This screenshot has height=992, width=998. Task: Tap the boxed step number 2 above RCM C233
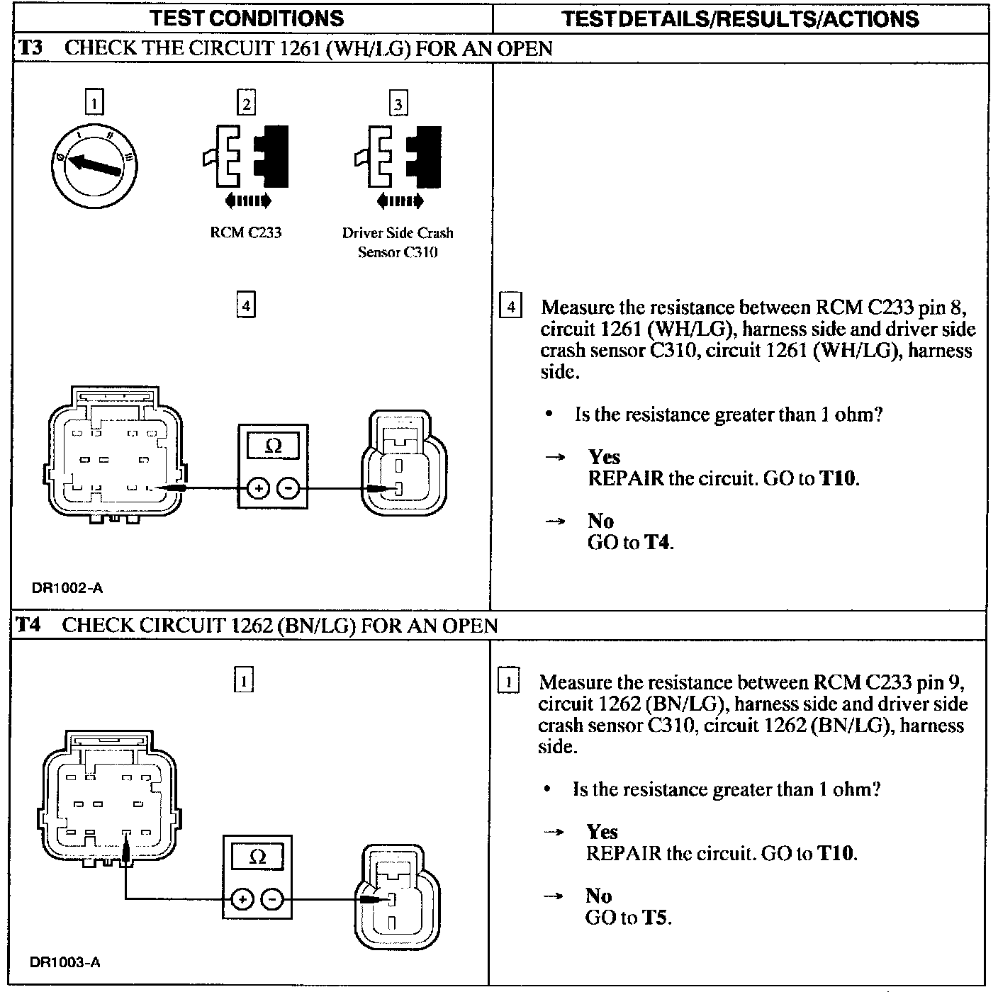click(246, 103)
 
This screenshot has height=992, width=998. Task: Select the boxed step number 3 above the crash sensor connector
click(398, 104)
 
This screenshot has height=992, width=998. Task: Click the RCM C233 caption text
click(246, 232)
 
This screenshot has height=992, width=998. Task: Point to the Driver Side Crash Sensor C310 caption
click(398, 242)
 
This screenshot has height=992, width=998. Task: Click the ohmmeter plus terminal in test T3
click(258, 488)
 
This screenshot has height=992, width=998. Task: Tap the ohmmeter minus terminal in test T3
click(288, 488)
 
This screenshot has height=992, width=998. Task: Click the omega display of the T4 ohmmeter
click(258, 857)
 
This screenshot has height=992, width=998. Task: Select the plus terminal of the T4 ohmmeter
click(242, 899)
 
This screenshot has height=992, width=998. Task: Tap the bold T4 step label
click(29, 625)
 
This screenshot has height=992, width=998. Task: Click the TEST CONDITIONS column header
click(247, 18)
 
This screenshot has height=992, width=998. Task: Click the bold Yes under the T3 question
click(604, 457)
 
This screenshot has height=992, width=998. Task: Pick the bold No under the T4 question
click(598, 896)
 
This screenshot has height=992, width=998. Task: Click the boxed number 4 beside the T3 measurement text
click(510, 308)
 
